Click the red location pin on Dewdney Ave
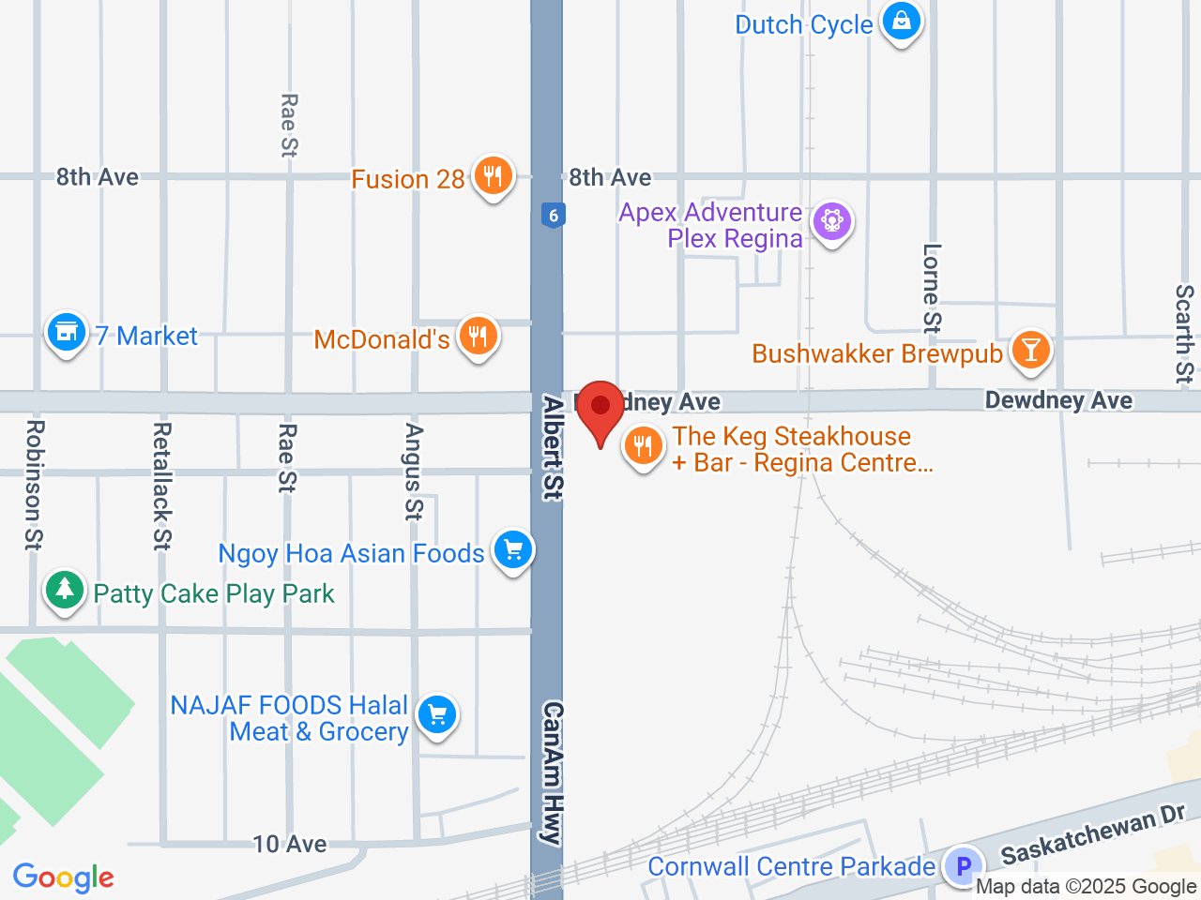600,409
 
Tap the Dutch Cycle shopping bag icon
902,21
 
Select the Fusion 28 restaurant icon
493,174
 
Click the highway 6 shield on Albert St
554,216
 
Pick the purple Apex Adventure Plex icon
831,222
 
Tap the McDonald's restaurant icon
479,336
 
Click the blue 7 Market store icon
67,332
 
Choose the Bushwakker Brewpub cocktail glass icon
1031,351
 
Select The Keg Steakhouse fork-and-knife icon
643,447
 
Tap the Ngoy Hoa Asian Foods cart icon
512,550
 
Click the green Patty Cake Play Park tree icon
64,591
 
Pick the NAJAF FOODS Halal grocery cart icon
436,716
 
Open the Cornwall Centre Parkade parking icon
963,865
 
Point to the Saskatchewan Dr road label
1092,836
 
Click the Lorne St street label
932,288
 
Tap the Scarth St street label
1185,335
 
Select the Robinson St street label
34,484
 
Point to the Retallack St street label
162,486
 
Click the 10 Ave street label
290,845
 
